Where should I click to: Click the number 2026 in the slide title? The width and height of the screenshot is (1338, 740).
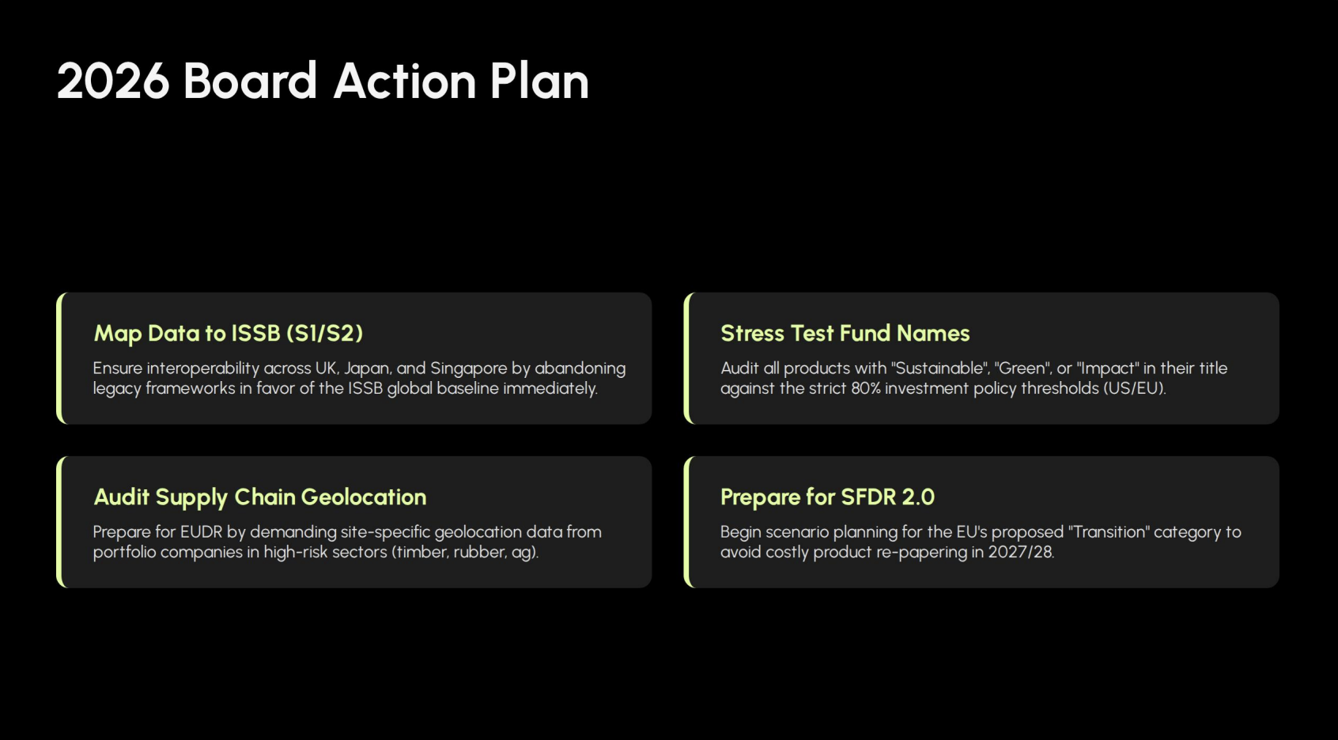pyautogui.click(x=113, y=81)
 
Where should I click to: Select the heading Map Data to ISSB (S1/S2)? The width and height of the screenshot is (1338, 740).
pyautogui.click(x=229, y=334)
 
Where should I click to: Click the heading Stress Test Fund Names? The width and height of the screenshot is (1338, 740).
pyautogui.click(x=845, y=334)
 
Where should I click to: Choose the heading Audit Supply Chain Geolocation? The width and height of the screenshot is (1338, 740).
pyautogui.click(x=260, y=497)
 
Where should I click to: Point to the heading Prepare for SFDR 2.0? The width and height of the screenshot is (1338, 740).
pyautogui.click(x=827, y=497)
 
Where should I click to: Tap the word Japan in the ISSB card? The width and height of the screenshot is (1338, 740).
pyautogui.click(x=368, y=368)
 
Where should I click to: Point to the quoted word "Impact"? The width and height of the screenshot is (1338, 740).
pyautogui.click(x=1107, y=368)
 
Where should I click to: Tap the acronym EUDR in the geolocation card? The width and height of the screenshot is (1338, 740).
pyautogui.click(x=202, y=531)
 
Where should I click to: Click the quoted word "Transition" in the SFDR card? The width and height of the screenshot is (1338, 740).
pyautogui.click(x=1108, y=531)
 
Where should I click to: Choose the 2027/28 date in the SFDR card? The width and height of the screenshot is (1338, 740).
pyautogui.click(x=1021, y=552)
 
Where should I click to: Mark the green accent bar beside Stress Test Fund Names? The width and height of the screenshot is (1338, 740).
pyautogui.click(x=686, y=358)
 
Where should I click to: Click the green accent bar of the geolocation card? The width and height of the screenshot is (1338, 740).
pyautogui.click(x=59, y=522)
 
